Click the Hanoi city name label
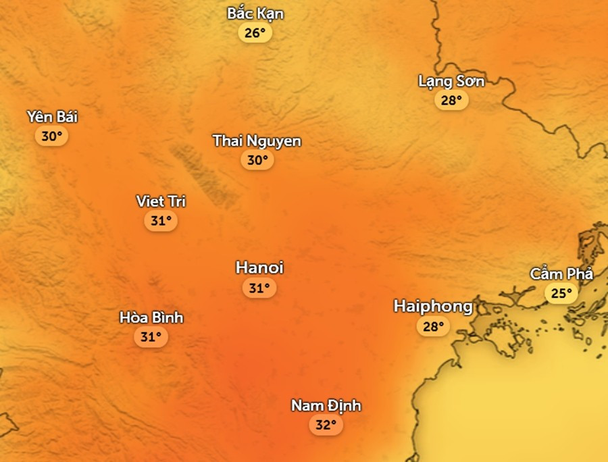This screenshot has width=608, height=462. [259, 267]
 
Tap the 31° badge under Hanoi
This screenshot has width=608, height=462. [259, 288]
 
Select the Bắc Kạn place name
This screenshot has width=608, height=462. [255, 14]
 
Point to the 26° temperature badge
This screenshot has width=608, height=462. [255, 33]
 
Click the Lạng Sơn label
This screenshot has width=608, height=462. [451, 81]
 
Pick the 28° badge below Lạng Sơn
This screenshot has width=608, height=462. [451, 101]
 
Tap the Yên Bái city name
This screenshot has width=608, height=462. [52, 117]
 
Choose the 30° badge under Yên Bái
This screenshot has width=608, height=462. [52, 136]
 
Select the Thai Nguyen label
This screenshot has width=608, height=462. [257, 140]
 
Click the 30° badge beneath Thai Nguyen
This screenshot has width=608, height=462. [257, 160]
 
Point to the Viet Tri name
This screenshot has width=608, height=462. [161, 201]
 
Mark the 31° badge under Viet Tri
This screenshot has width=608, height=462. [161, 221]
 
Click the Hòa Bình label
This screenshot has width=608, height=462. [151, 317]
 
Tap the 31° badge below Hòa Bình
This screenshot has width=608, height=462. [151, 336]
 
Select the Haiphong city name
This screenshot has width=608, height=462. [433, 307]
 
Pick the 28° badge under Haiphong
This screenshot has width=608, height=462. [433, 327]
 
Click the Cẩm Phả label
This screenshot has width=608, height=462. [561, 274]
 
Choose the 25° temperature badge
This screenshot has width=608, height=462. [561, 293]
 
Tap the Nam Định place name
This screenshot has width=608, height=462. [326, 405]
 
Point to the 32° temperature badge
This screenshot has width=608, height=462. [326, 426]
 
